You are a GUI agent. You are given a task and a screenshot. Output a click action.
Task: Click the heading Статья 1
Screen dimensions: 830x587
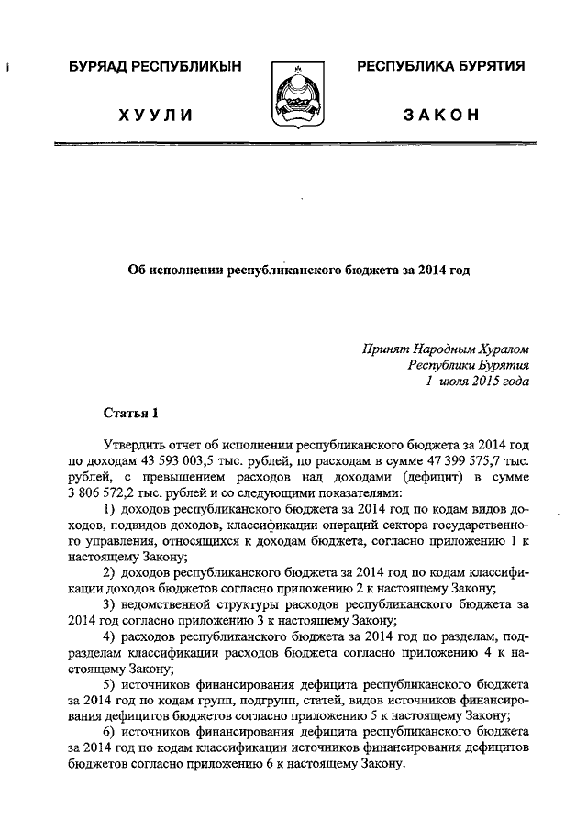point(130,414)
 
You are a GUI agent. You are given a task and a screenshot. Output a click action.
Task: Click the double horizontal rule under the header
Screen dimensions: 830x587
point(293,146)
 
